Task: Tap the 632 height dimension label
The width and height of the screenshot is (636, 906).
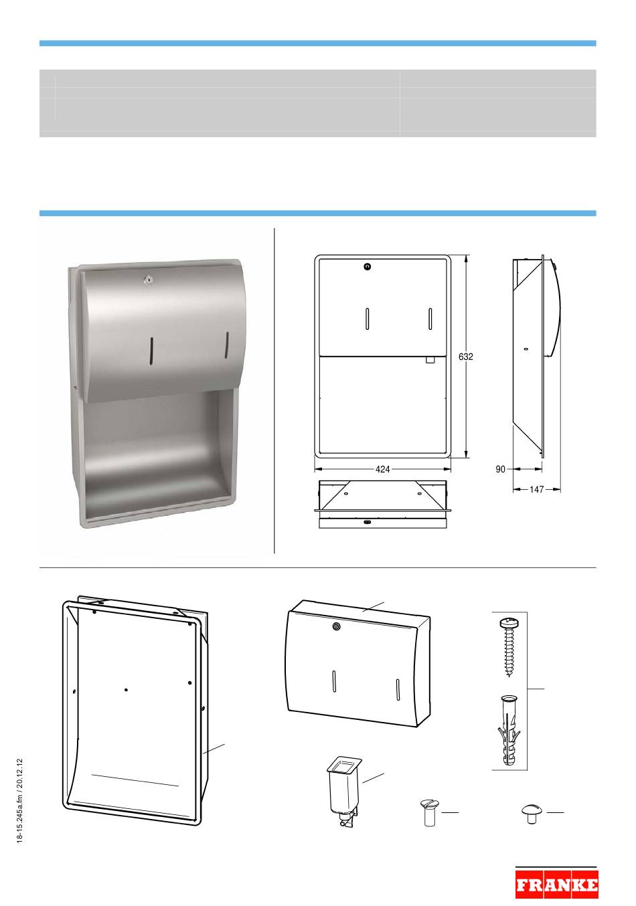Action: click(466, 357)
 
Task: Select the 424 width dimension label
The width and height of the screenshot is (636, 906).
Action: click(382, 469)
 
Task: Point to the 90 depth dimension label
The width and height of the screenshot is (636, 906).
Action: click(500, 469)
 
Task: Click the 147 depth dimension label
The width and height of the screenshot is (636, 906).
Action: click(536, 489)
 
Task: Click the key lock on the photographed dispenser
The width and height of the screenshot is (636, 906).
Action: click(147, 278)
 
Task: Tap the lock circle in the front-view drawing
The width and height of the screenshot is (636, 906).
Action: click(368, 266)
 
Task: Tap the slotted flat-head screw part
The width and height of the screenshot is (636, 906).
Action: click(428, 812)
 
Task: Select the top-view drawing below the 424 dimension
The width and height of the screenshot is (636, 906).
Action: click(383, 504)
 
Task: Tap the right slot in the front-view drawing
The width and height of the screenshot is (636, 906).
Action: click(430, 319)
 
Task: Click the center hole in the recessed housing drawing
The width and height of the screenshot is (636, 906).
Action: click(127, 690)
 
